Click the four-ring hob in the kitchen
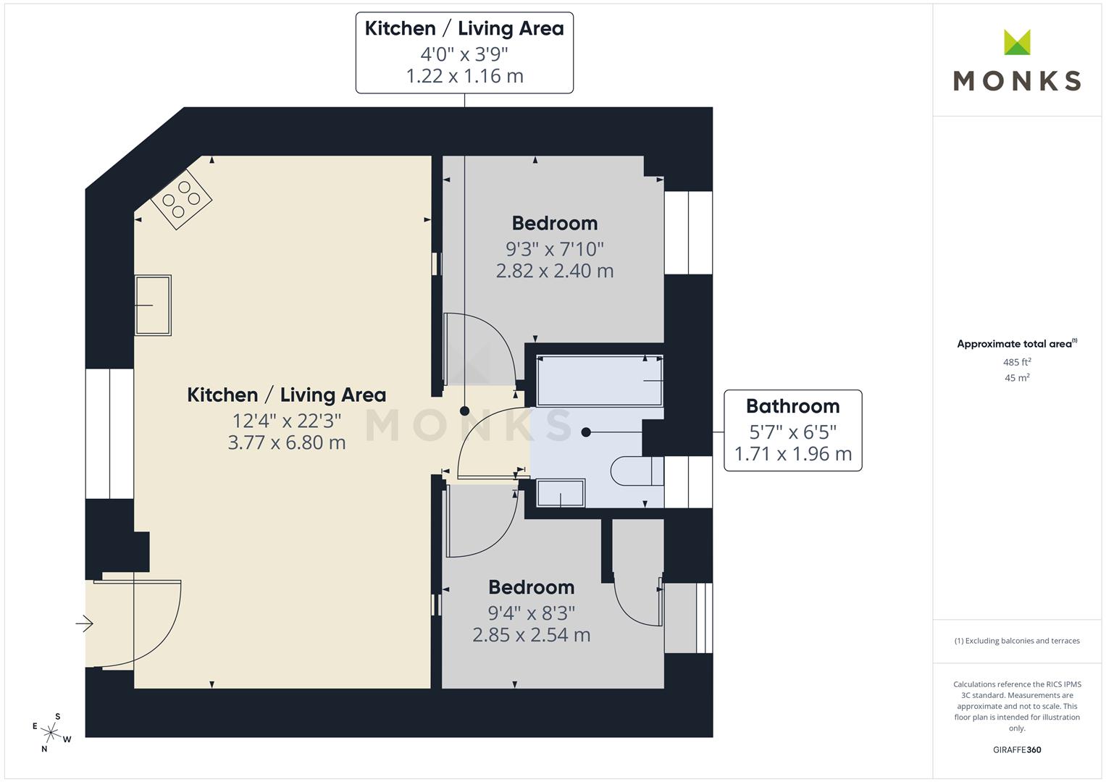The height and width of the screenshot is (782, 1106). pos(181,198)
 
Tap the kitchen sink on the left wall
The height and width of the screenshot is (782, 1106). pos(153,305)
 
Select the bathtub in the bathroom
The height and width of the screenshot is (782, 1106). pos(599,380)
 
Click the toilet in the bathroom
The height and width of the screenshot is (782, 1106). pos(637,471)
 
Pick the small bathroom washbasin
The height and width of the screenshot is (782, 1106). pos(561,493)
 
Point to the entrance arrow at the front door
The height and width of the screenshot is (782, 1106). pos(85,623)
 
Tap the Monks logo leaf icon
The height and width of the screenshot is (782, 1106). pos(1017,43)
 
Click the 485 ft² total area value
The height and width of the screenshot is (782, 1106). pos(1017,362)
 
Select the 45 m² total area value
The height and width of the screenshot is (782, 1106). pos(1017,377)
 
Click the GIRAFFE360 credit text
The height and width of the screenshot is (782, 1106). pos(1017,749)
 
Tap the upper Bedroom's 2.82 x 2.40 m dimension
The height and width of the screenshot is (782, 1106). pos(555,271)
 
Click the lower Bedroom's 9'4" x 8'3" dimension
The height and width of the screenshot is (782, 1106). pos(532,613)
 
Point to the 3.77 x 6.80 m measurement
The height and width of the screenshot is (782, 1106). pos(287,442)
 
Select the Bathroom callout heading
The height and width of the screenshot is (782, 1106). pos(793,406)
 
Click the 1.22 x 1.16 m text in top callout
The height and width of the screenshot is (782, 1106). pos(464,76)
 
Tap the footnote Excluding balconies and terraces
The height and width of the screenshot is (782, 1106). pos(1017,641)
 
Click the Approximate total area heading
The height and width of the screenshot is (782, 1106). pos(1015,344)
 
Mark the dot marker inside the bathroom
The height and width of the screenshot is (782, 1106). pos(586,432)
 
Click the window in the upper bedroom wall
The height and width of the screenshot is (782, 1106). pos(688,232)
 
